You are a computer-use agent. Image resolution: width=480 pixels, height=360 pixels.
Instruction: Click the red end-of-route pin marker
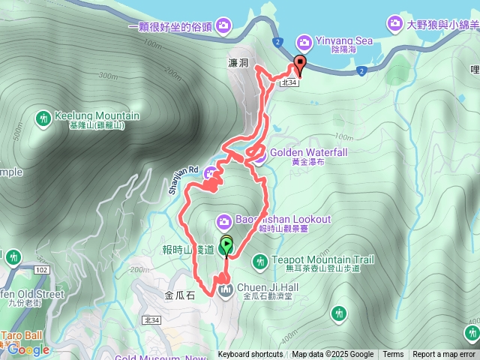tap(300, 64)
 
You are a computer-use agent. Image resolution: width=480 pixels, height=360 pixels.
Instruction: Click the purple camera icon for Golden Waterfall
tap(259, 156)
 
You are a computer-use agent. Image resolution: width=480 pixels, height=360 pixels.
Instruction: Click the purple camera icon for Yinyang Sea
tap(304, 41)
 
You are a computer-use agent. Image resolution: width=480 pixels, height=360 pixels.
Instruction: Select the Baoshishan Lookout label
tap(283, 219)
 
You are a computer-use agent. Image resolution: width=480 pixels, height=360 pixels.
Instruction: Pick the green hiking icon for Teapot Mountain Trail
tap(259, 261)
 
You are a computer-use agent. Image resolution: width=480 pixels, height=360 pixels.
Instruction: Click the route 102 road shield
tap(41, 268)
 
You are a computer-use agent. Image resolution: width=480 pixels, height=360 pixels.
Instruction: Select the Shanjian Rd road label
tap(181, 181)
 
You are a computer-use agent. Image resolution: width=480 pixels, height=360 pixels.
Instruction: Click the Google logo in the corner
tap(28, 349)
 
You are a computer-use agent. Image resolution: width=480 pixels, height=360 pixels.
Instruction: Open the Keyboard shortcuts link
tap(250, 355)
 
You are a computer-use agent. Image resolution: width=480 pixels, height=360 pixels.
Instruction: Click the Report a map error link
tap(444, 355)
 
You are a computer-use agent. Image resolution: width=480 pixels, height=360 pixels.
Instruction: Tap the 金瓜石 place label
tap(179, 295)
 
